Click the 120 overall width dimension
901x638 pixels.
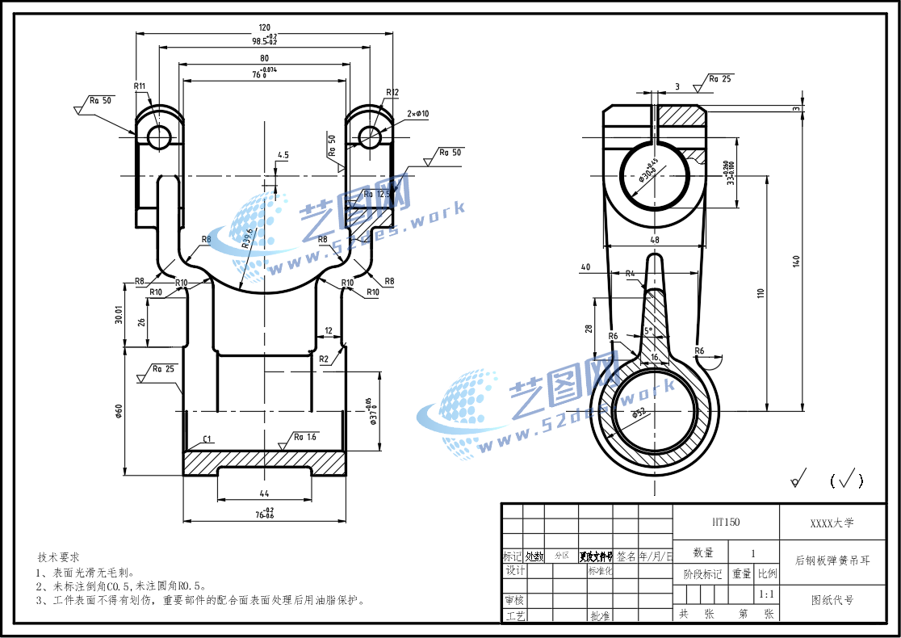[x=264, y=27]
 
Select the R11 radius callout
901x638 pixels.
[x=140, y=86]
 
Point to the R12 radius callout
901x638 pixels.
[x=392, y=92]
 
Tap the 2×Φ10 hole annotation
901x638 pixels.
[x=418, y=114]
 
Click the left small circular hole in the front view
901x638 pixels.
[x=159, y=136]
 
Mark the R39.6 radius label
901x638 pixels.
[x=247, y=237]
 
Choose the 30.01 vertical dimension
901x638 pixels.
[x=119, y=314]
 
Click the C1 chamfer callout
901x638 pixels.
[x=207, y=439]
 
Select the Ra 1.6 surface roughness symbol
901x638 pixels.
[x=304, y=437]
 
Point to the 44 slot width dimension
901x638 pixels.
[x=263, y=493]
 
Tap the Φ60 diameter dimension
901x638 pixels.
[x=119, y=412]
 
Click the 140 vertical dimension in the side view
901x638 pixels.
[x=796, y=260]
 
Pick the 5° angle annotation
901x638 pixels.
[x=647, y=331]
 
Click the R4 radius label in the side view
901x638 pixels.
[x=631, y=273]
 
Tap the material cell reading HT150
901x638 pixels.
[x=725, y=523]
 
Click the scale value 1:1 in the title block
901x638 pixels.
[x=766, y=594]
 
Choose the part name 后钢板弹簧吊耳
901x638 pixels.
[x=832, y=560]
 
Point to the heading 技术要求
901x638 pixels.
[x=58, y=557]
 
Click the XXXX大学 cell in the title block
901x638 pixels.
[x=832, y=523]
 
